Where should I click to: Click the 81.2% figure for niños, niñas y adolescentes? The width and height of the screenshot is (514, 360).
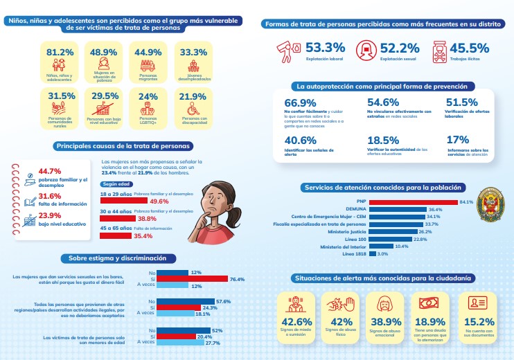tap(60, 53)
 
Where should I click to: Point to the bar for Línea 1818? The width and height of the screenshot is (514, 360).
tap(373, 254)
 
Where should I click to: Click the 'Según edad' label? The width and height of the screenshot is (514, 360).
tap(116, 184)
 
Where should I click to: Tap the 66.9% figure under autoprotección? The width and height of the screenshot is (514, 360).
tap(299, 102)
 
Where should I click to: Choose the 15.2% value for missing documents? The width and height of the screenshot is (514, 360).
tap(478, 321)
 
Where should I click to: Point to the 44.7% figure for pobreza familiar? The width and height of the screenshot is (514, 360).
tap(51, 171)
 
